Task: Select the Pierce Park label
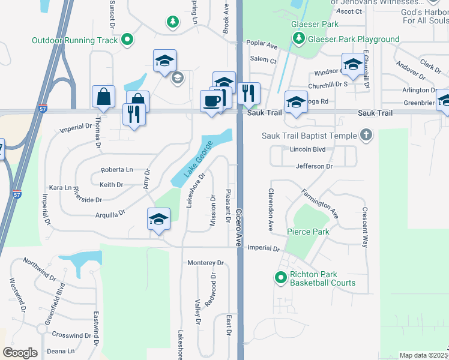click(309, 232)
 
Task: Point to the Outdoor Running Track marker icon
click(127, 40)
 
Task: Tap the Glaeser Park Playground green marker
click(298, 39)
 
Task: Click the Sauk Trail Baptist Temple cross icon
click(366, 135)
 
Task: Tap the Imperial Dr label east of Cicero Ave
click(264, 248)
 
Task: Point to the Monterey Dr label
click(205, 263)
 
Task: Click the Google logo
click(20, 353)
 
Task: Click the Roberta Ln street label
click(116, 170)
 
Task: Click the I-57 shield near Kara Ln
click(16, 194)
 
